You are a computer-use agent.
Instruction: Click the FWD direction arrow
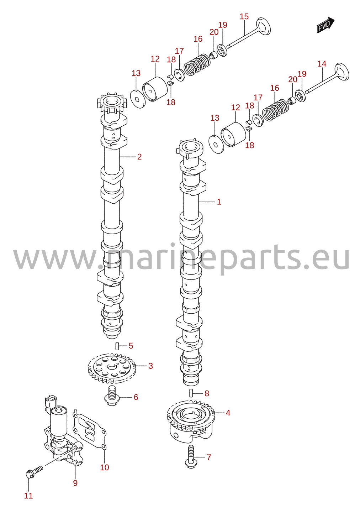[x=325, y=25]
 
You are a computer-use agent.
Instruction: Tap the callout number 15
[x=244, y=17]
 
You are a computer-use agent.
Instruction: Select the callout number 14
[x=322, y=64]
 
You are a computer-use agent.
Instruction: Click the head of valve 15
[x=264, y=26]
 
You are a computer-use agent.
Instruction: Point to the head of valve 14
[x=342, y=72]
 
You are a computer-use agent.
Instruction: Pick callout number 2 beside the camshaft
[x=139, y=157]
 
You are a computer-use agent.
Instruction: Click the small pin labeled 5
[x=117, y=346]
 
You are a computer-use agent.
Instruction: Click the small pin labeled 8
[x=191, y=393]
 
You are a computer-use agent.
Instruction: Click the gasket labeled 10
[x=89, y=429]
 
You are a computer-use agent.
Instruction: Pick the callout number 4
[x=228, y=413]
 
